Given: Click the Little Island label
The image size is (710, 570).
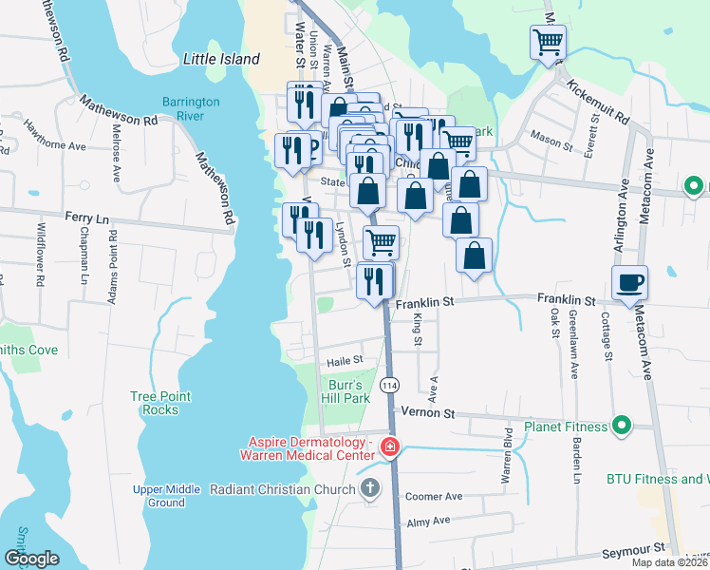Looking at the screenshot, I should (220, 59).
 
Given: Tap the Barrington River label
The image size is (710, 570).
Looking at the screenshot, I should (191, 109).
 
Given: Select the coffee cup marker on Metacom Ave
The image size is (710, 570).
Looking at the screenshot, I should (628, 282).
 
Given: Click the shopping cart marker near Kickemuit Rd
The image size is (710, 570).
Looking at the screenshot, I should (548, 43).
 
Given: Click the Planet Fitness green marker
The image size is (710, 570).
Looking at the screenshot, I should (622, 426).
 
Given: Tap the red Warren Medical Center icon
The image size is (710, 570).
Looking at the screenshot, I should (389, 446).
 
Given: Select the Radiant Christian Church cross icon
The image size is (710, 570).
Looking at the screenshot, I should (371, 488).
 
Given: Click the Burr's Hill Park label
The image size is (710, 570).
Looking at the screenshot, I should (348, 391).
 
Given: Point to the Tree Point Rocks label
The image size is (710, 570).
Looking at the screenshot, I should (161, 403).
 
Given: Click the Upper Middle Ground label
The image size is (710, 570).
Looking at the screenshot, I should (166, 496).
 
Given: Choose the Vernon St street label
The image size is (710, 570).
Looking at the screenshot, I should (428, 413).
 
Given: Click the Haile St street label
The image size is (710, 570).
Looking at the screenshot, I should (346, 360).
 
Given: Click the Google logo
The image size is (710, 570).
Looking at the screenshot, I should (31, 559).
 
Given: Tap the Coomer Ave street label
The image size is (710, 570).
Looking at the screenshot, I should (433, 496).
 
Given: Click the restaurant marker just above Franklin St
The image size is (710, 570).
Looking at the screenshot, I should (374, 281).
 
